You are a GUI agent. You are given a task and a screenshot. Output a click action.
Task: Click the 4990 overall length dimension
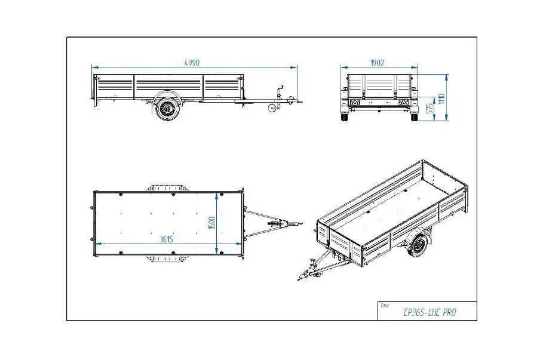[x=192, y=63]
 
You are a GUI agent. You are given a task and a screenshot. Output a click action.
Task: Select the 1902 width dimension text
[x=377, y=63]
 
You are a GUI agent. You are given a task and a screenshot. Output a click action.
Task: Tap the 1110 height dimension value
[x=442, y=99]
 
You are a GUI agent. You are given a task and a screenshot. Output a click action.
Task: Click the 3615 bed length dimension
[x=166, y=239]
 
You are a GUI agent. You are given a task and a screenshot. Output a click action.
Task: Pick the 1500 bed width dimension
[x=212, y=223]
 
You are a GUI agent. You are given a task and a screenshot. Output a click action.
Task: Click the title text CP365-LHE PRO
[x=429, y=312]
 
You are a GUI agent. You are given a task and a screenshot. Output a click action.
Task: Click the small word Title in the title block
[x=384, y=305]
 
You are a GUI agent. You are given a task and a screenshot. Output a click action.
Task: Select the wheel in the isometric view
[x=418, y=244]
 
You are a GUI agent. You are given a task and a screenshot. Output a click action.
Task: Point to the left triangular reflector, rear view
[x=354, y=103]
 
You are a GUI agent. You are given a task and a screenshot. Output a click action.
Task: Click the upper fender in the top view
[x=167, y=189]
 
